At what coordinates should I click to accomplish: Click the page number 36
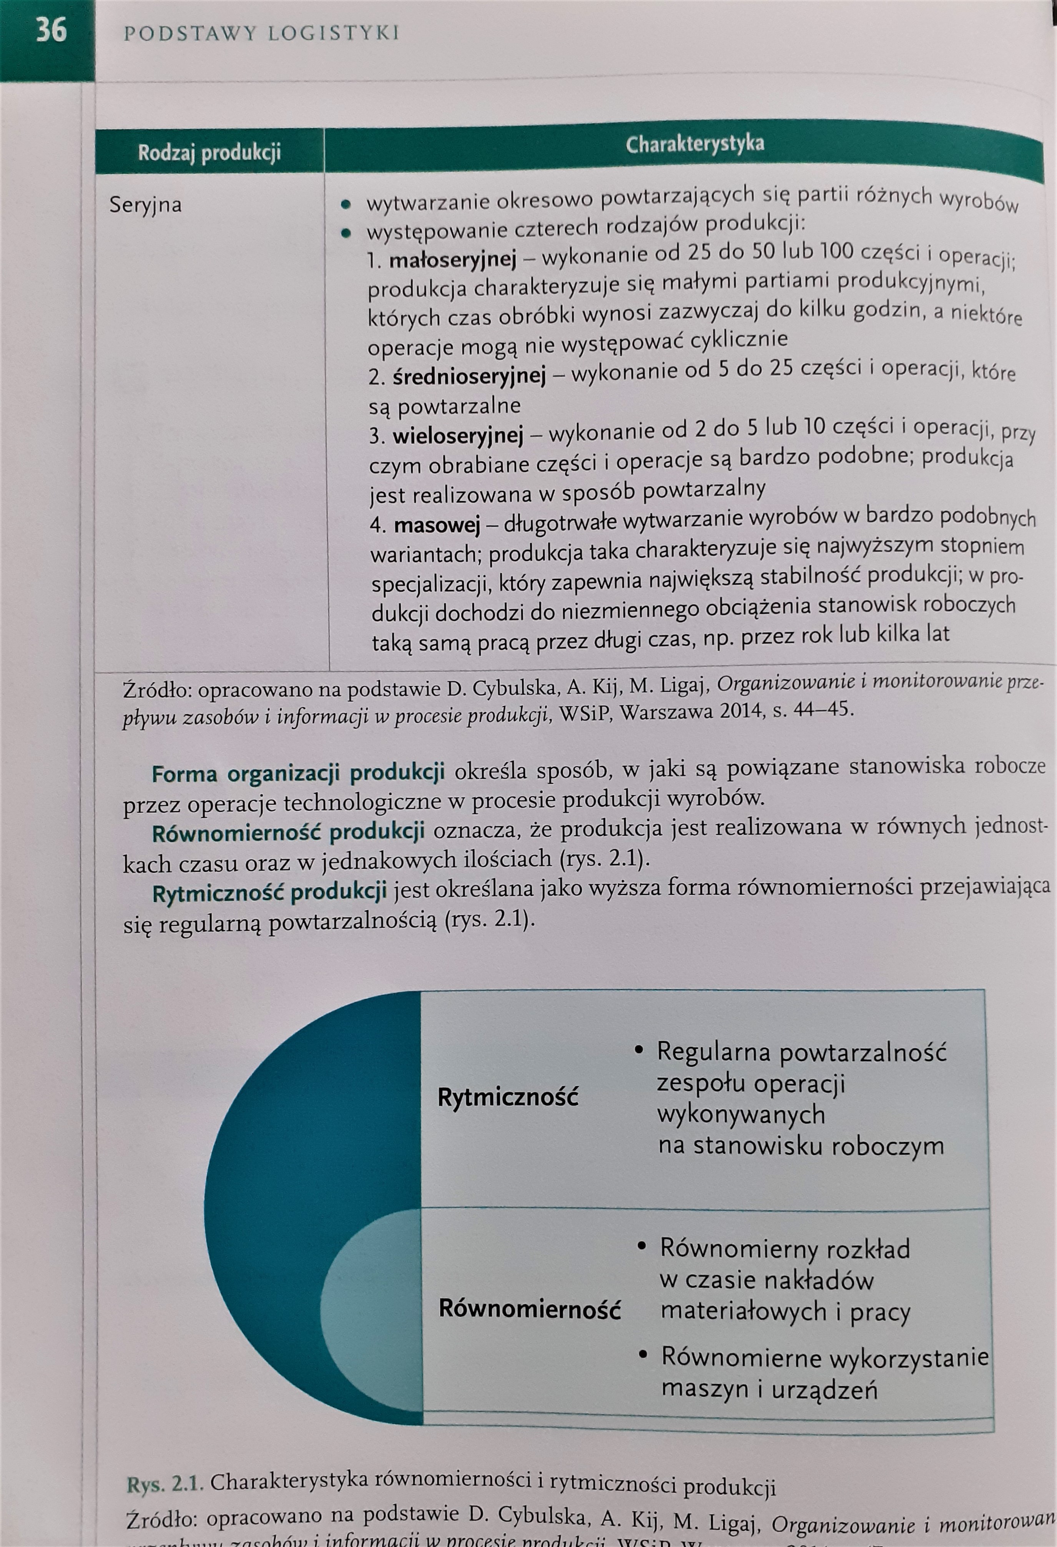click(x=51, y=31)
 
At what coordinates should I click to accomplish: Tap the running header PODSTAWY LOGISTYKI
click(x=261, y=33)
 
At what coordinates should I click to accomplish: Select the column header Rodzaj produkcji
click(x=209, y=153)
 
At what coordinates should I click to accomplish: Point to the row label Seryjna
click(x=145, y=204)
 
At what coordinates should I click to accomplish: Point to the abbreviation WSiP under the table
click(x=584, y=713)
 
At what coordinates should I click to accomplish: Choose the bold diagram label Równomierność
click(x=529, y=1309)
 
